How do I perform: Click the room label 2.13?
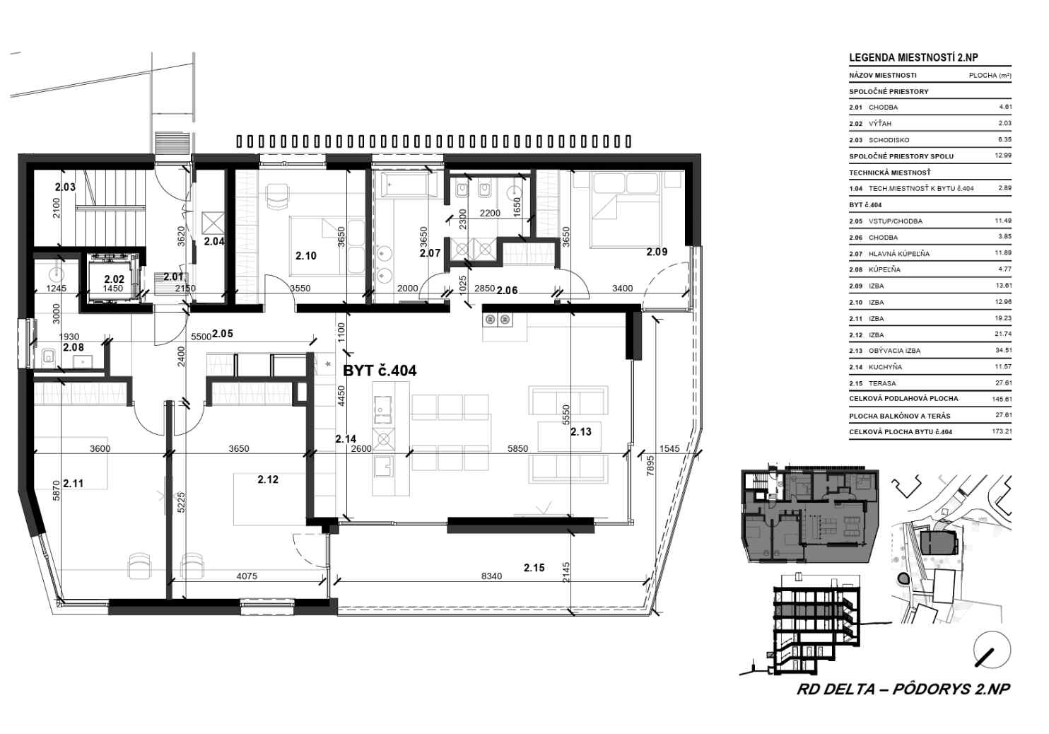[581, 431]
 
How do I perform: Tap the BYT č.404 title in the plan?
[380, 371]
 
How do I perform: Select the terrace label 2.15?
[534, 568]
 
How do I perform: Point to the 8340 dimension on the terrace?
[491, 576]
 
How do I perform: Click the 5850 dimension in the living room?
[518, 448]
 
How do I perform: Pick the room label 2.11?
[73, 483]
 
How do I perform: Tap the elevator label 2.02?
[115, 279]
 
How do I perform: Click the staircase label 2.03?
[65, 187]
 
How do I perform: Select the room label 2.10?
[306, 256]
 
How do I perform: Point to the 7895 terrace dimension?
[650, 466]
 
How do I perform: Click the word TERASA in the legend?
[882, 383]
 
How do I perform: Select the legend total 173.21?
[1002, 431]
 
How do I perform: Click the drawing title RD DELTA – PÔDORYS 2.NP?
[903, 689]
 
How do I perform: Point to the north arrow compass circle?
[992, 651]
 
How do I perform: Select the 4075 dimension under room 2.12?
[247, 576]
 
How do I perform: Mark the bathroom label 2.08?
[73, 347]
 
